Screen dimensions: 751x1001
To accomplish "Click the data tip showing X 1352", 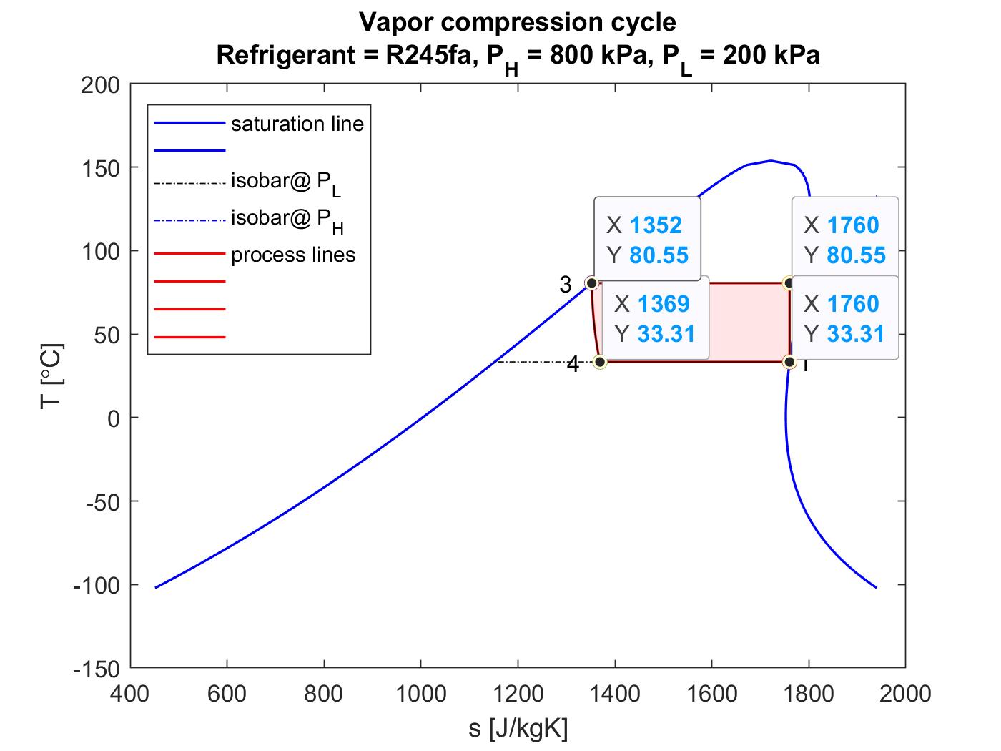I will click(647, 240).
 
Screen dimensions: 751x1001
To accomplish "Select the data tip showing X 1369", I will click(655, 318).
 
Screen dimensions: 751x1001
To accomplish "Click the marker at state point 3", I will click(591, 283).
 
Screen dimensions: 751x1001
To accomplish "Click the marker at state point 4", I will click(600, 362).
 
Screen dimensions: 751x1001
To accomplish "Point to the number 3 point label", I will click(566, 285).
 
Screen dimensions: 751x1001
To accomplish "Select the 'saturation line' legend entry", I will click(297, 124).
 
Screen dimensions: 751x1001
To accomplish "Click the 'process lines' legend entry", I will click(293, 255).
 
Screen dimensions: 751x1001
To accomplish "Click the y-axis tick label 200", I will click(101, 85).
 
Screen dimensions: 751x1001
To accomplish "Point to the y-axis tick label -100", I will click(97, 585).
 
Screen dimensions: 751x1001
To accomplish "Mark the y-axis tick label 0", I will click(114, 418).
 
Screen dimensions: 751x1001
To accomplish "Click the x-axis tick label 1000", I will click(420, 693).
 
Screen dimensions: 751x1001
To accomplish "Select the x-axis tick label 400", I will click(130, 693).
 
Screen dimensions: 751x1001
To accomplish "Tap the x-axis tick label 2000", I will click(904, 693).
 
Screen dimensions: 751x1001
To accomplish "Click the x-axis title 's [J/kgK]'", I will click(518, 729).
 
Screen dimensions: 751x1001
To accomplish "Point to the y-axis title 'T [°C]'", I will click(52, 376).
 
